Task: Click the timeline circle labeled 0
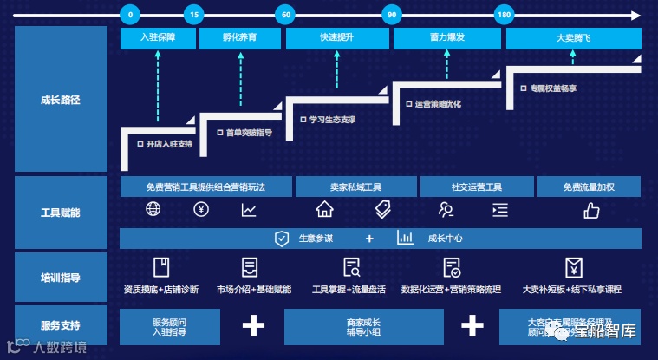pyautogui.click(x=130, y=15)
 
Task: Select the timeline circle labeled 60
pyautogui.click(x=284, y=15)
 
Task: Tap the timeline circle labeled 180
pyautogui.click(x=504, y=15)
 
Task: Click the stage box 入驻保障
pyautogui.click(x=157, y=38)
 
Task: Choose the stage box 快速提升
pyautogui.click(x=336, y=38)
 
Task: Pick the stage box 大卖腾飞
pyautogui.click(x=573, y=38)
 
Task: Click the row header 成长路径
pyautogui.click(x=61, y=100)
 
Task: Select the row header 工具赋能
pyautogui.click(x=61, y=211)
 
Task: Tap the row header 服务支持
pyautogui.click(x=61, y=326)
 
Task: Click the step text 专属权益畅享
pyautogui.click(x=554, y=88)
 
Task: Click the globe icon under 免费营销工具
pyautogui.click(x=153, y=209)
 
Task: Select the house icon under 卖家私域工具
pyautogui.click(x=324, y=209)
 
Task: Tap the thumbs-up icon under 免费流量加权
pyautogui.click(x=591, y=209)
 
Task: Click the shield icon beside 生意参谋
pyautogui.click(x=282, y=239)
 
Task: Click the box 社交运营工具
pyautogui.click(x=477, y=187)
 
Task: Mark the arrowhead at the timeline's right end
pyautogui.click(x=636, y=15)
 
